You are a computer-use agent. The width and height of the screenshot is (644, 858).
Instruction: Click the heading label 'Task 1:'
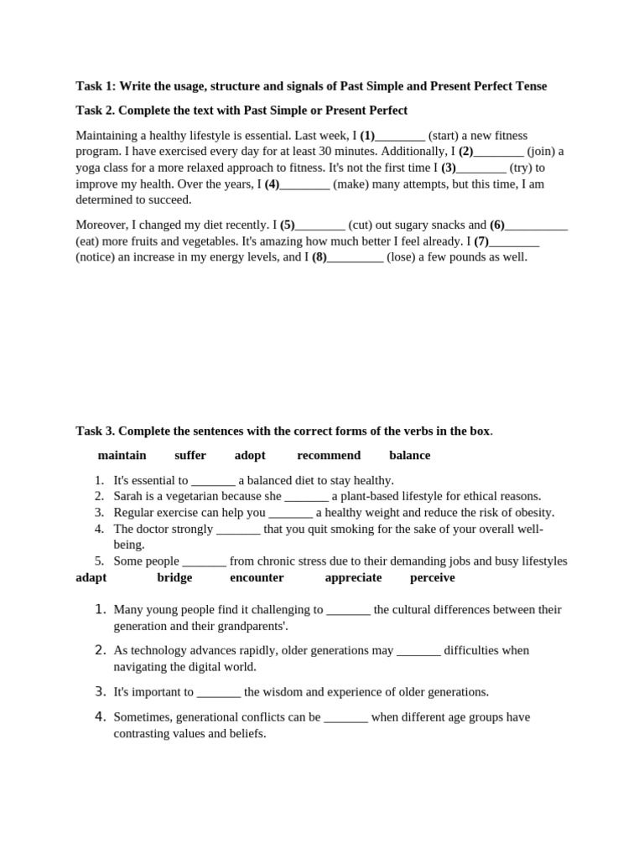pyautogui.click(x=96, y=86)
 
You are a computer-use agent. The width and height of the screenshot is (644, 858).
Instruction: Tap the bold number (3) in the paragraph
pyautogui.click(x=449, y=168)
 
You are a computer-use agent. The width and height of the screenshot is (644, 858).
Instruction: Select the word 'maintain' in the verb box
pyautogui.click(x=122, y=455)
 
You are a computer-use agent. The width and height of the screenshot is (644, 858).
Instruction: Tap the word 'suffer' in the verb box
pyautogui.click(x=190, y=455)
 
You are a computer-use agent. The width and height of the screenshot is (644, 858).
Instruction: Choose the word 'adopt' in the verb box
pyautogui.click(x=250, y=455)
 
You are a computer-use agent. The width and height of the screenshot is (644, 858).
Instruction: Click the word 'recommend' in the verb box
pyautogui.click(x=329, y=455)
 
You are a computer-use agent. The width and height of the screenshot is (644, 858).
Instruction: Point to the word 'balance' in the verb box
pyautogui.click(x=409, y=455)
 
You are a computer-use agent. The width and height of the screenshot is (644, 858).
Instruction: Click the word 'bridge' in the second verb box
pyautogui.click(x=174, y=577)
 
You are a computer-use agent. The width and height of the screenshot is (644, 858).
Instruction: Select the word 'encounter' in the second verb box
pyautogui.click(x=257, y=577)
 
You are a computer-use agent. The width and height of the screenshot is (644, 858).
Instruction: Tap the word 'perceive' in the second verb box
pyautogui.click(x=432, y=577)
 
